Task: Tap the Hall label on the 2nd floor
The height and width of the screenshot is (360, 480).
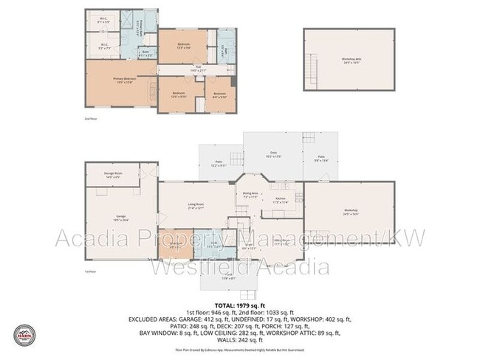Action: point(199,69)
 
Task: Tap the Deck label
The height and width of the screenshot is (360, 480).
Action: point(272,155)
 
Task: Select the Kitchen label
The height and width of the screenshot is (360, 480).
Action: point(280,199)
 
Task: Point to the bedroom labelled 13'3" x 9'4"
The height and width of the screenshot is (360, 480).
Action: point(184,46)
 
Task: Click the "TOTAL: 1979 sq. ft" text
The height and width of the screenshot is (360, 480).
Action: point(239,305)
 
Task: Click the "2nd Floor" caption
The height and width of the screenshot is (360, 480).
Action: point(91,117)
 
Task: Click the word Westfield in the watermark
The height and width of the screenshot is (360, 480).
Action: point(199,266)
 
